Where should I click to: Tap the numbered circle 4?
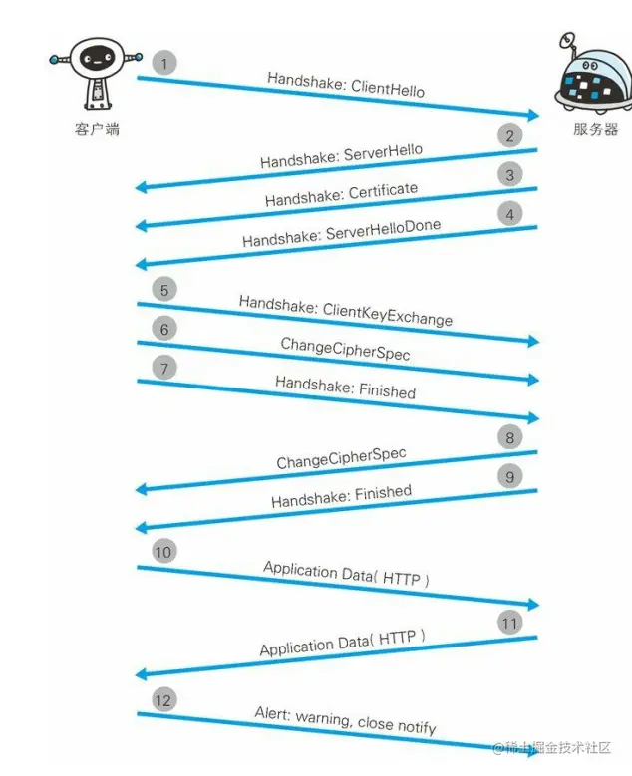(x=510, y=214)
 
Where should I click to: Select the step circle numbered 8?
(x=510, y=436)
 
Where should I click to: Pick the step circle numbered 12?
(x=163, y=700)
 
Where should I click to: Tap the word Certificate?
(x=384, y=190)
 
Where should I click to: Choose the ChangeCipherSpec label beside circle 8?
(x=341, y=459)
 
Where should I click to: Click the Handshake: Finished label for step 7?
(x=345, y=388)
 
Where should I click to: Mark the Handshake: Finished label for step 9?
(x=341, y=496)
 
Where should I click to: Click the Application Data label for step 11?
(x=342, y=643)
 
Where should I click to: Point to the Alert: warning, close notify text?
(x=345, y=720)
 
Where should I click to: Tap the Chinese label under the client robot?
(x=97, y=129)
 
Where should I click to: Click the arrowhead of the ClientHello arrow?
(x=532, y=116)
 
